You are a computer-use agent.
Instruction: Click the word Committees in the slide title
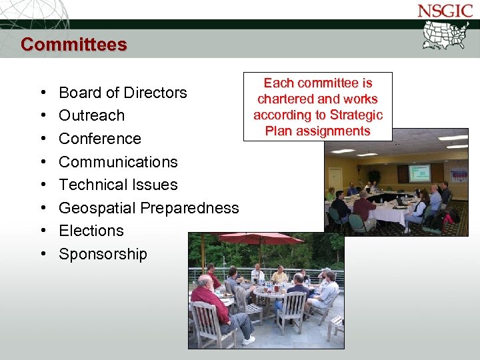(73, 45)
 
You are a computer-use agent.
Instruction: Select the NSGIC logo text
(444, 11)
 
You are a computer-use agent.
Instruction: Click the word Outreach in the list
(91, 115)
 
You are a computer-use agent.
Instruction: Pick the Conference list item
(100, 139)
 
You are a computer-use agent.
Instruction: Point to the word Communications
(118, 162)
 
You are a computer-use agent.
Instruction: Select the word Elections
(91, 231)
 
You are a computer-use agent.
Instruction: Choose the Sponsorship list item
(103, 254)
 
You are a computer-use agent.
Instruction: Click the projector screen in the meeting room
(419, 173)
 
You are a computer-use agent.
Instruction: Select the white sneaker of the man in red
(248, 340)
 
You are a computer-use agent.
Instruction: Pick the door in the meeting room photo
(335, 179)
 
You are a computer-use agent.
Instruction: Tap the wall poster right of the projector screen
(459, 173)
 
